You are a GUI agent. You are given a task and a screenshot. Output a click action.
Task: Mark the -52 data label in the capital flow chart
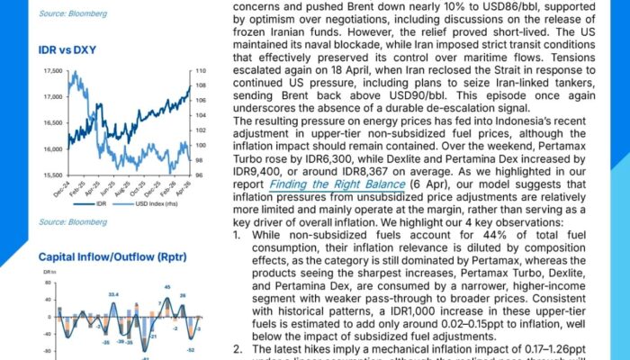[x=191, y=348]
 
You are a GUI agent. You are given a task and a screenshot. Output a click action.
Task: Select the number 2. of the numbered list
[x=237, y=348]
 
